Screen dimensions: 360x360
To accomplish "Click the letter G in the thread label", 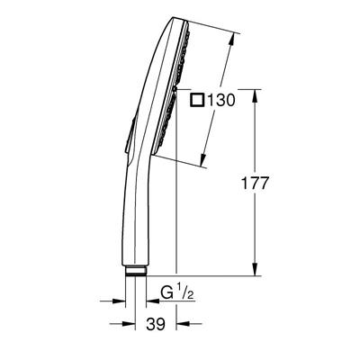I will [166, 292].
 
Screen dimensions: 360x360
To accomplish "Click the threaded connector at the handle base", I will [138, 271].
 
